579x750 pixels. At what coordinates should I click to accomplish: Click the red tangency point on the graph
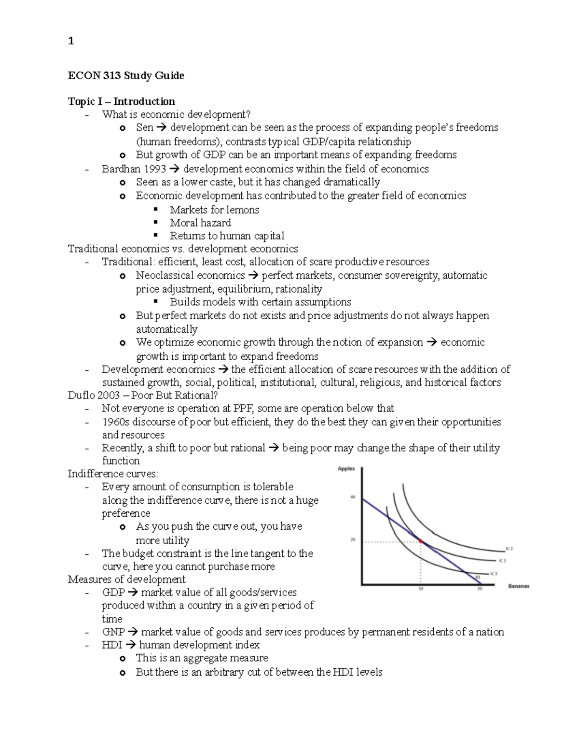point(421,541)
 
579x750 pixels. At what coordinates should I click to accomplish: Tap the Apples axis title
point(346,468)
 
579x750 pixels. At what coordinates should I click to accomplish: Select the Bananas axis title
point(519,586)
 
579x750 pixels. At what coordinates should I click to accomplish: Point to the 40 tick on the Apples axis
point(353,497)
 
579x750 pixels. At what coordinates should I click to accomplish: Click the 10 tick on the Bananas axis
point(421,589)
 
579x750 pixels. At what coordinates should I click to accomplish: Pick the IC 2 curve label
point(509,549)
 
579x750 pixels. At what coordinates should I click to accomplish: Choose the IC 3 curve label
point(493,574)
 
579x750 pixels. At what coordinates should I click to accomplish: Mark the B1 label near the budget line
point(478,577)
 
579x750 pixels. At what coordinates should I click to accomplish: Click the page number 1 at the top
point(71,41)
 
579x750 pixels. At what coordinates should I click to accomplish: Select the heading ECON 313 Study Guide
point(126,76)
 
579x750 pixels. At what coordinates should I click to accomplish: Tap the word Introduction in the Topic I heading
point(144,101)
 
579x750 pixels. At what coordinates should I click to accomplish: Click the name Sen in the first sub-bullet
point(144,127)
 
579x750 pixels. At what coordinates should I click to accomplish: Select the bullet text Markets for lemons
point(214,210)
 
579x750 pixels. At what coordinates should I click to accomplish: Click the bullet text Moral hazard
point(200,223)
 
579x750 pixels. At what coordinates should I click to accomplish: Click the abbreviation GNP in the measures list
point(113,632)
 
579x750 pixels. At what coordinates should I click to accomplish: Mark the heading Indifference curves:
point(113,474)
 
